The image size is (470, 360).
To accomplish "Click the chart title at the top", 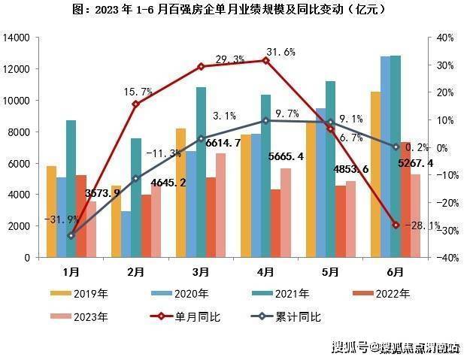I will point(235,10).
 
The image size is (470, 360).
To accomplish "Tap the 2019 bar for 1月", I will point(50,211).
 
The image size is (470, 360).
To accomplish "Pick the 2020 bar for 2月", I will point(126,234).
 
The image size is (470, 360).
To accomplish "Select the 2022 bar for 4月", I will point(275,222).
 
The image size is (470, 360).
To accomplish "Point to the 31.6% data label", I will point(280,53).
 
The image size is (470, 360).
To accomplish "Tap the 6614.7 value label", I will point(223,143).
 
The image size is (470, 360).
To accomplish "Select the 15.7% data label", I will point(138,92).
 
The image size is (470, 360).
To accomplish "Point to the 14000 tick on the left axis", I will point(17,38).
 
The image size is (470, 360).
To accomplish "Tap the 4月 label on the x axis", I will point(265,271).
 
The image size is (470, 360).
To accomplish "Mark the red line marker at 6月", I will point(396,225).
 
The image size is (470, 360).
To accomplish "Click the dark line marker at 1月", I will point(70,235).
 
